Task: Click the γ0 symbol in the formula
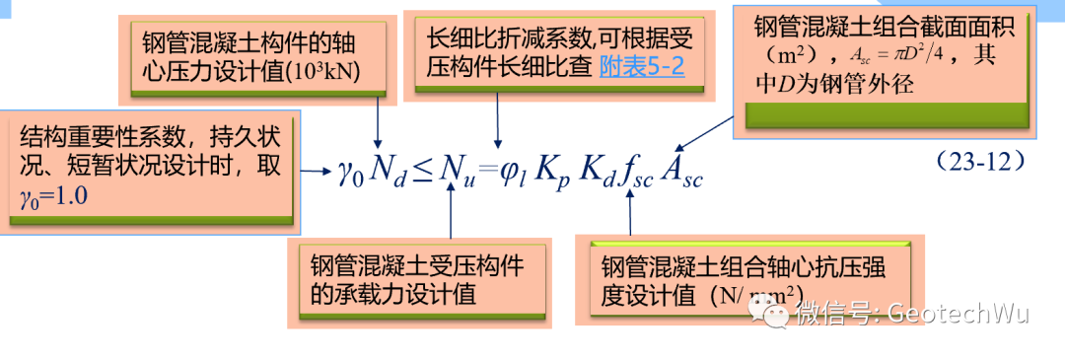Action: coord(351,177)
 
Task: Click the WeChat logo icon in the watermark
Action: coord(771,314)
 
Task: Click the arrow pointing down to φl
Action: coord(499,123)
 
